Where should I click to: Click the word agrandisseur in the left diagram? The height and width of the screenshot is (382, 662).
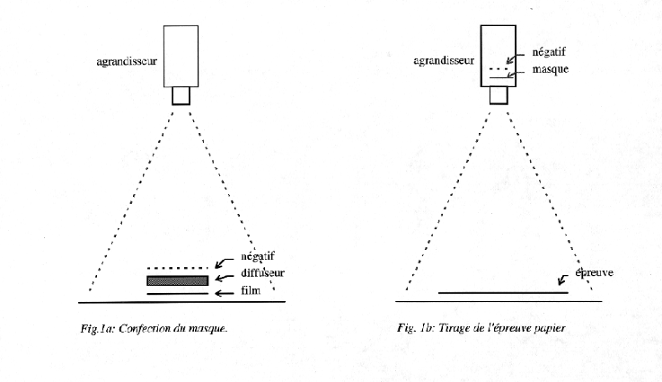point(127,62)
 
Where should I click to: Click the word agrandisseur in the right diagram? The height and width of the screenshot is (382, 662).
point(444,61)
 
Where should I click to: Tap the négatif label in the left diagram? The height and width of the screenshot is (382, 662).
point(258,256)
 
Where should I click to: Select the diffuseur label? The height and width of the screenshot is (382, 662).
point(262,273)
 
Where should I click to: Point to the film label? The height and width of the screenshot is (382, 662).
point(251,290)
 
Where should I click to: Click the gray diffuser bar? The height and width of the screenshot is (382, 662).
point(178,280)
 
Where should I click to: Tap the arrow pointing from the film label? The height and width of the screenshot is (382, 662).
point(225,293)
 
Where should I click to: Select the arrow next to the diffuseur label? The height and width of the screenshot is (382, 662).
point(225,278)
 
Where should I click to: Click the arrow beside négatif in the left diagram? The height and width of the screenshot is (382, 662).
point(224,262)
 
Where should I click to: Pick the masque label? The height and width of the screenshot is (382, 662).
point(551,69)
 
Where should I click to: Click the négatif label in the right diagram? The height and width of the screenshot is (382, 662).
point(549,52)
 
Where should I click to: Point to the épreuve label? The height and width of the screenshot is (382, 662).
point(594,272)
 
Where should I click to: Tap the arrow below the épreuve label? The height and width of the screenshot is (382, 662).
point(563,280)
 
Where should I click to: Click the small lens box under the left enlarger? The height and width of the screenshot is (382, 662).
point(181,96)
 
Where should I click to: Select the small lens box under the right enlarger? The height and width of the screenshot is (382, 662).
point(499,95)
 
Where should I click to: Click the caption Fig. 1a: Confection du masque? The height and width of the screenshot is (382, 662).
point(154,328)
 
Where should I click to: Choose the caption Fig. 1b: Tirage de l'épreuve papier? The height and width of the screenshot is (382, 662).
point(481,328)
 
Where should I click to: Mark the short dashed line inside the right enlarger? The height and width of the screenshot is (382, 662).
point(499,68)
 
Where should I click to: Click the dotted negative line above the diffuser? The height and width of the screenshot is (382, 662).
point(178,268)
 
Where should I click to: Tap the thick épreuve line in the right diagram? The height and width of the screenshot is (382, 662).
point(503,291)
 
